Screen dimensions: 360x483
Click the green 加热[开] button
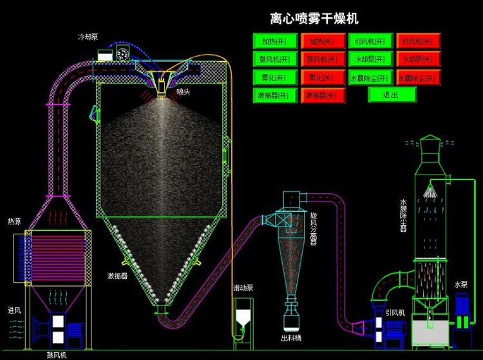[x=275, y=41]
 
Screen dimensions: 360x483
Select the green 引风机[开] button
[x=370, y=41]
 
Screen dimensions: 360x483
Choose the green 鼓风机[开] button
[x=275, y=59]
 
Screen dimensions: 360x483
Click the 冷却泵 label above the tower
[x=88, y=37]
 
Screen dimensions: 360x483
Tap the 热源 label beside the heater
[x=14, y=222]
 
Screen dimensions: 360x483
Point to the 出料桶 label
[x=290, y=337]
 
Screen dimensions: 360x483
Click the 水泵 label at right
[x=461, y=285]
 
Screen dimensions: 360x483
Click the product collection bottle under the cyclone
[x=291, y=319]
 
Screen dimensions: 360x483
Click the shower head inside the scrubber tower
[x=428, y=191]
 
